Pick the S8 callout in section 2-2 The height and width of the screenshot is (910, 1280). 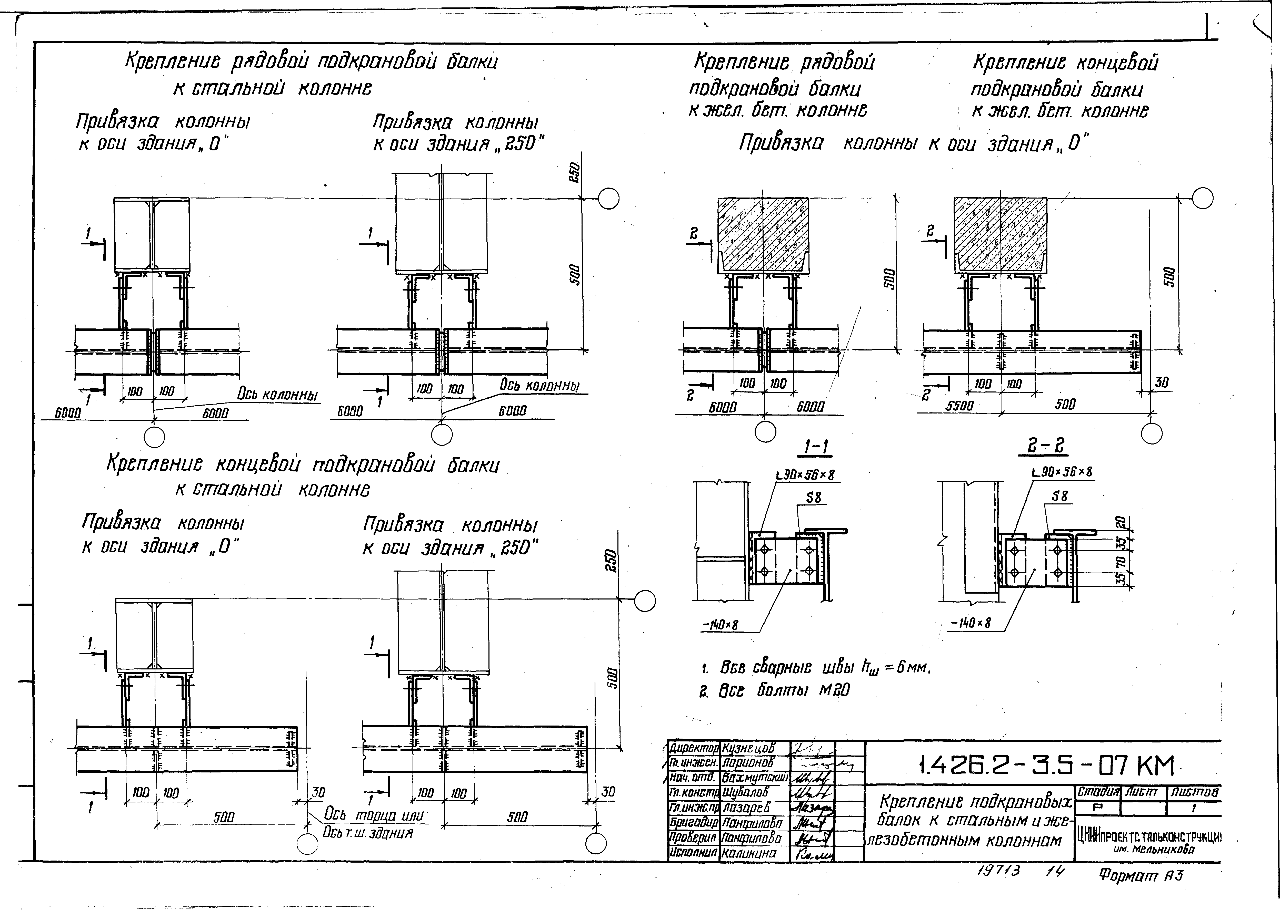1060,496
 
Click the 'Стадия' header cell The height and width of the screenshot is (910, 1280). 1097,792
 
